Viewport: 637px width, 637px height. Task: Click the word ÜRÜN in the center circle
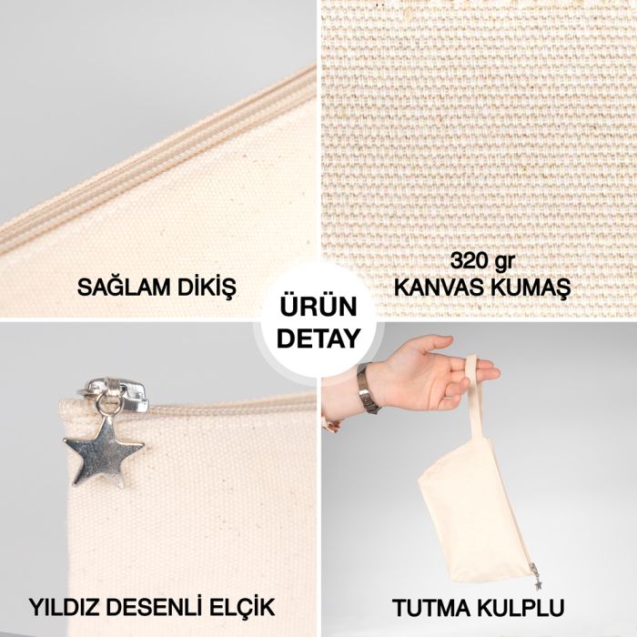pyautogui.click(x=318, y=307)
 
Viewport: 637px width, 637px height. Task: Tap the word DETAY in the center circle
pyautogui.click(x=318, y=339)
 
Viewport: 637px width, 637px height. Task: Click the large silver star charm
pyautogui.click(x=103, y=448)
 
